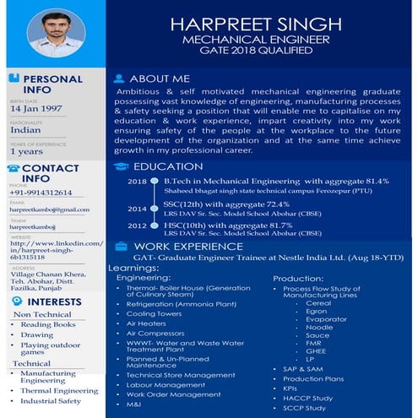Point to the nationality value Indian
pos(24,131)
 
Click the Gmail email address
pos(49,209)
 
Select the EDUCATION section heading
pos(169,166)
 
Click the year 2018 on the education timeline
pos(137,182)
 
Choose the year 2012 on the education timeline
pos(137,226)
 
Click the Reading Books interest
pos(48,325)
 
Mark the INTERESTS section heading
pos(54,301)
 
